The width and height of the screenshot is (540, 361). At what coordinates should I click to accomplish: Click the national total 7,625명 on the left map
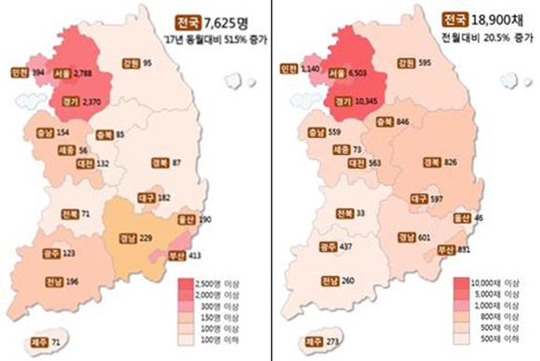pyautogui.click(x=228, y=21)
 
